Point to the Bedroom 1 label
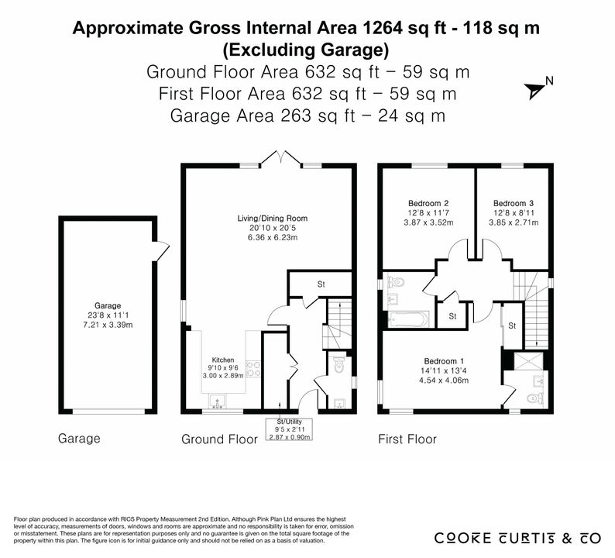click(x=444, y=361)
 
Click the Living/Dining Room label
click(x=272, y=219)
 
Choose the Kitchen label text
click(x=223, y=360)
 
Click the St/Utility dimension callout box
click(x=289, y=429)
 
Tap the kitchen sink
click(x=218, y=401)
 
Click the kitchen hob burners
click(x=253, y=370)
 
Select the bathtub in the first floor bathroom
click(x=408, y=319)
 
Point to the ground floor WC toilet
click(x=339, y=364)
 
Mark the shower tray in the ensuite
click(x=528, y=361)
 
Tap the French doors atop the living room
click(x=281, y=157)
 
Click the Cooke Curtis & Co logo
click(x=517, y=538)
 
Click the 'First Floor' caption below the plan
click(x=407, y=439)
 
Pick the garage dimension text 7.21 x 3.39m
click(x=108, y=325)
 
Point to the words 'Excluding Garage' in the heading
click(x=306, y=50)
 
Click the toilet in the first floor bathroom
click(x=395, y=282)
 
